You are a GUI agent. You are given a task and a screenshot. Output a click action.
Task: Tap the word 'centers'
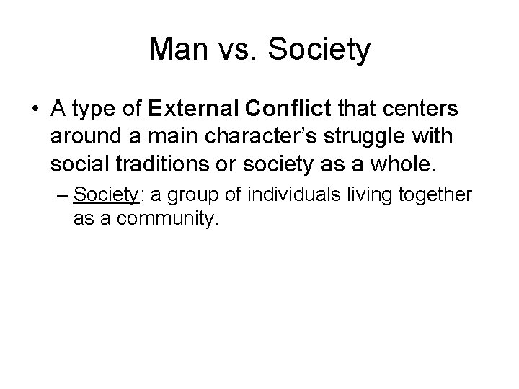coord(425,109)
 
